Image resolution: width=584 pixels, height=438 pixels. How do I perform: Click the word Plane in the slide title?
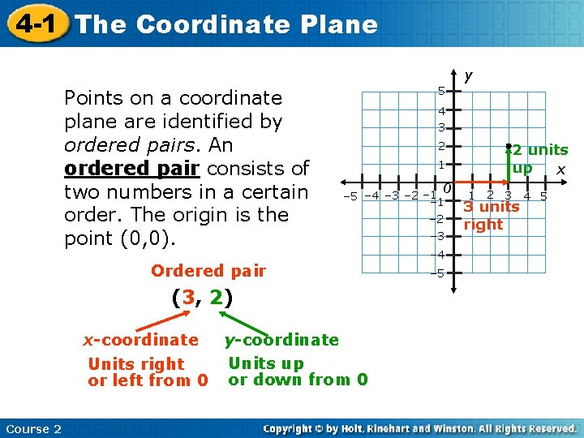click(x=337, y=24)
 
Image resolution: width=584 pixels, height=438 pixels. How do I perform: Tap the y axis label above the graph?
click(x=468, y=76)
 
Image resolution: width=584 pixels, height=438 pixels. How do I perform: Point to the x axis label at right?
click(x=560, y=170)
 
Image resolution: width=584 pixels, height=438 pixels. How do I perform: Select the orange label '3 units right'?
click(x=490, y=215)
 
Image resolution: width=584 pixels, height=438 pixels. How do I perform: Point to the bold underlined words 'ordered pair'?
click(x=133, y=169)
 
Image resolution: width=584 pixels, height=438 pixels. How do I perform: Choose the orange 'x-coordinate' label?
click(x=141, y=339)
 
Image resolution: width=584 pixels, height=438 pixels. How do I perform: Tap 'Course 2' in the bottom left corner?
click(x=32, y=428)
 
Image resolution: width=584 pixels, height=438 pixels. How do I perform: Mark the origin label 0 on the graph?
click(x=447, y=189)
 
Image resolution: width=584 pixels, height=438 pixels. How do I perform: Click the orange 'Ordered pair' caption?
click(x=208, y=271)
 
